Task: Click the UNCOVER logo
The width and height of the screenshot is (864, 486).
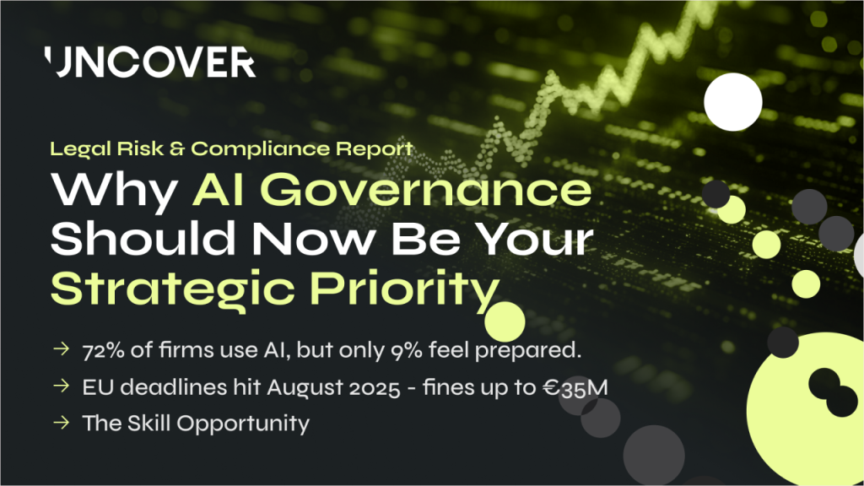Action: [150, 62]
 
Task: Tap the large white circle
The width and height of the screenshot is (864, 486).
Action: [733, 102]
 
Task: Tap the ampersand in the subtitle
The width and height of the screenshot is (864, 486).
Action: [177, 148]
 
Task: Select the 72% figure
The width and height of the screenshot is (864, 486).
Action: [103, 350]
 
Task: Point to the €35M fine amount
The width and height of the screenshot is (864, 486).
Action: [575, 388]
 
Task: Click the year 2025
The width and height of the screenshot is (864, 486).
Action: [374, 388]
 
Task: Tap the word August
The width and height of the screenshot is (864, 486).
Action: [305, 388]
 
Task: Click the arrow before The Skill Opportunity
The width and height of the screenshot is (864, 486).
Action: [61, 423]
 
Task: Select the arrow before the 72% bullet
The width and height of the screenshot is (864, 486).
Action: [61, 348]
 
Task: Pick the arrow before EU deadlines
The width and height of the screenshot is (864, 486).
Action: [61, 386]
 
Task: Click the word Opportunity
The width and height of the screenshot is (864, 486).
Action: [243, 424]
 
